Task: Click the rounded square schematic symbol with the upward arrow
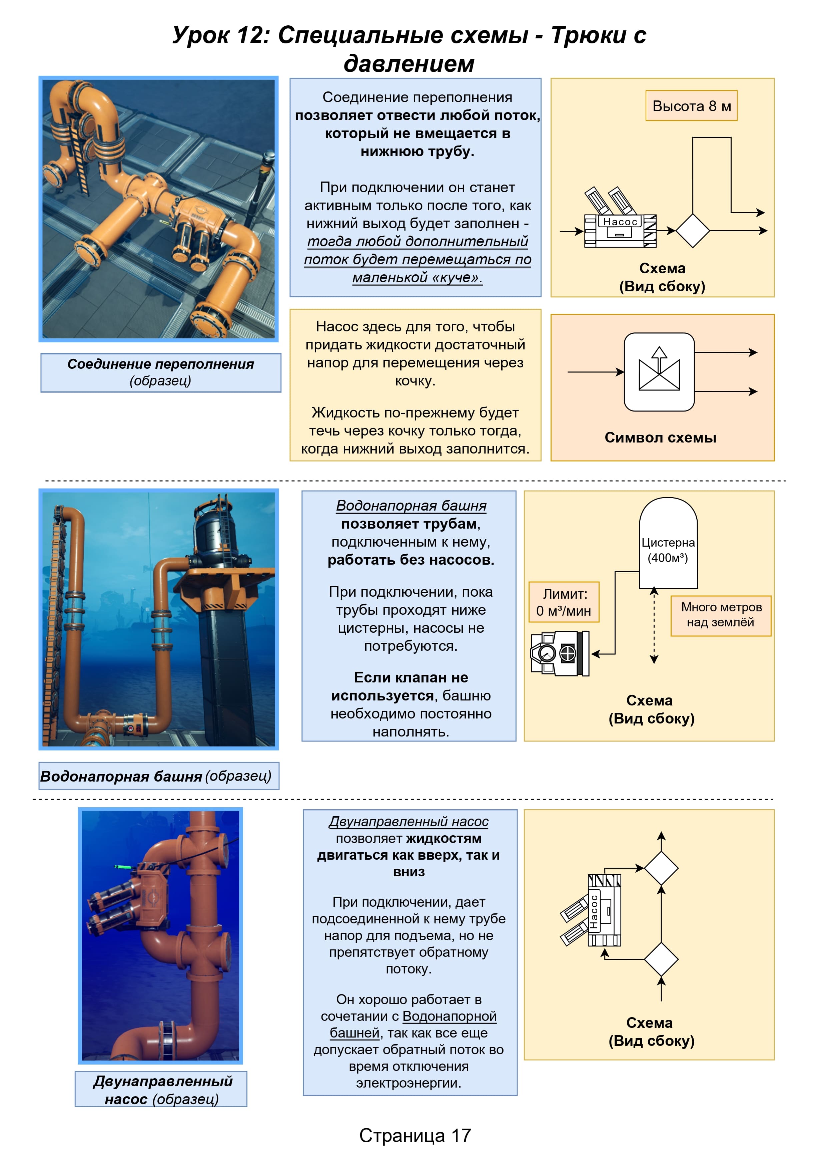(x=659, y=372)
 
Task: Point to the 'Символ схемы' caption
(x=661, y=437)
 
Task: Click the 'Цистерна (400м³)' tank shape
(x=668, y=543)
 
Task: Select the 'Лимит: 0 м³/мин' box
(x=564, y=602)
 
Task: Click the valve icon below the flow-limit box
(x=560, y=653)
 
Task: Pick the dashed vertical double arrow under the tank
(x=654, y=626)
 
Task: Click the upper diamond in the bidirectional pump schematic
(x=661, y=868)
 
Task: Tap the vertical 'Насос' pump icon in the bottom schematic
(x=592, y=911)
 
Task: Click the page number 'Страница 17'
(x=415, y=1135)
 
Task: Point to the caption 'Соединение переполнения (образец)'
(x=161, y=372)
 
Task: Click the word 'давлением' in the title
(x=409, y=63)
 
